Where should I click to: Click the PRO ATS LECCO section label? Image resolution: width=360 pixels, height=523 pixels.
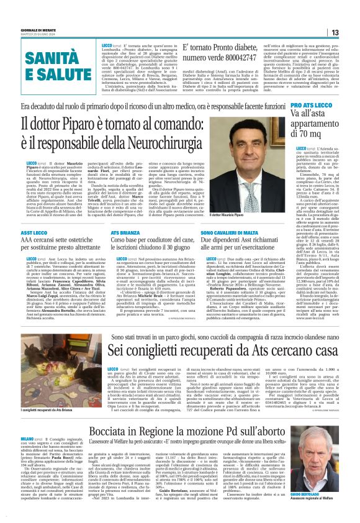317,107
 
